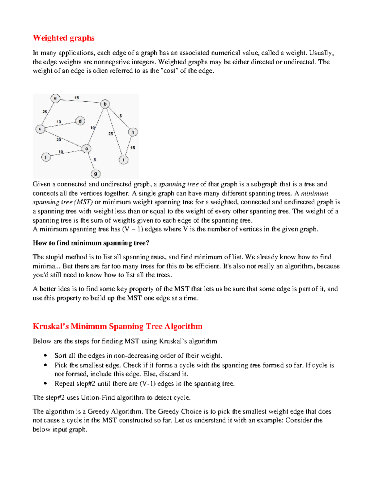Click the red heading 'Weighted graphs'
pos(63,38)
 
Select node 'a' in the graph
pos(55,98)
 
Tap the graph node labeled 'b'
pos(105,104)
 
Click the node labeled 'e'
pos(87,149)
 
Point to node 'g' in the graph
pos(96,174)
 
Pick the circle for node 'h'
pos(133,132)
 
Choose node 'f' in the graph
pos(46,157)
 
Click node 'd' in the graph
pos(80,121)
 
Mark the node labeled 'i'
pos(123,160)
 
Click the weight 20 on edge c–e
pos(58,140)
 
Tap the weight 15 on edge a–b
pos(76,98)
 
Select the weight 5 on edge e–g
pos(95,160)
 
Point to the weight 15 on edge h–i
pos(133,148)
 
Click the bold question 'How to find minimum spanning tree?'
pos(91,243)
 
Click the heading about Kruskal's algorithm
pos(117,326)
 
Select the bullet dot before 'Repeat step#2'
pos(45,384)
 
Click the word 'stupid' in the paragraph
pos(54,257)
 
